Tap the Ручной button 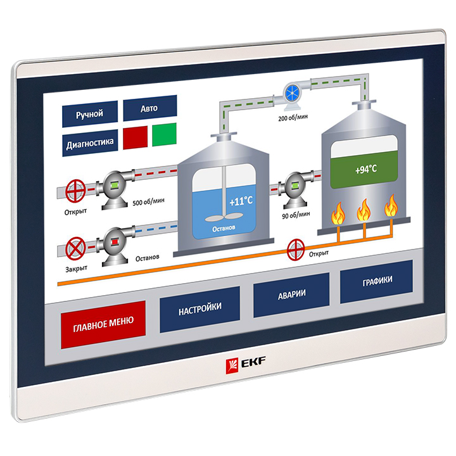(89, 114)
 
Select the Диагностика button (90, 143)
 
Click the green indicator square (165, 134)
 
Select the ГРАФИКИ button (377, 281)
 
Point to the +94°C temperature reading (365, 170)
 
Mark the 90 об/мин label (296, 215)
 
